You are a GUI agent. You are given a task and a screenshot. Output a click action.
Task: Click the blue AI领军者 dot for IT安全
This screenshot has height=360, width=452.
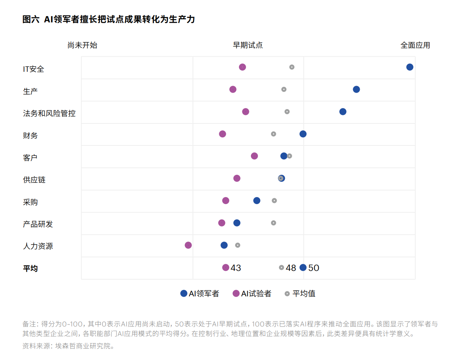pos(410,67)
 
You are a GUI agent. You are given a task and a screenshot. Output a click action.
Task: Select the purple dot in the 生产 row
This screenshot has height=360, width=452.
pos(233,90)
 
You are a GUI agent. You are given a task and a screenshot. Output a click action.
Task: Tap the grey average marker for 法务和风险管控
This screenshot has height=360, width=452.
pos(287,112)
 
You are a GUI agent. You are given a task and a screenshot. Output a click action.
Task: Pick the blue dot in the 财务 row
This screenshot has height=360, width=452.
pos(303,134)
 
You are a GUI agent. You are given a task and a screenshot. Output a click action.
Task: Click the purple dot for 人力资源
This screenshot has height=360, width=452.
pos(188,245)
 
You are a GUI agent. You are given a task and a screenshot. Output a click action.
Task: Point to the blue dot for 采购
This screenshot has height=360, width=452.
pos(257,201)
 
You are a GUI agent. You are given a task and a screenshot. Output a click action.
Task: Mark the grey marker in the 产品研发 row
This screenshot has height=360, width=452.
pos(273,223)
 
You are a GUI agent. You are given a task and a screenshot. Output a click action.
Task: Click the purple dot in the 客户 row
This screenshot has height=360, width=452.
pos(254,156)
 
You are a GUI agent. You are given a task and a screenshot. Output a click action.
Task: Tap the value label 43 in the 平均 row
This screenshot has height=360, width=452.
pos(236,268)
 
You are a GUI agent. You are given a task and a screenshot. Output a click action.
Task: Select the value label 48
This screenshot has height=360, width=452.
pos(291,268)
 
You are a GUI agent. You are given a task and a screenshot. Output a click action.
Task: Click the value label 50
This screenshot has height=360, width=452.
pos(314,268)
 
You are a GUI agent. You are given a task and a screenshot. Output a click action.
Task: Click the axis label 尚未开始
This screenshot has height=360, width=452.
pos(82,45)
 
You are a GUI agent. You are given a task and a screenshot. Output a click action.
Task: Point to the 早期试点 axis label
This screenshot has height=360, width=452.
pos(247,45)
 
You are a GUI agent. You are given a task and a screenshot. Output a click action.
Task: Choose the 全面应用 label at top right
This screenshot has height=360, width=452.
pos(415,45)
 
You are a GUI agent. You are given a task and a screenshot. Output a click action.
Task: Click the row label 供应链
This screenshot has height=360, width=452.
pos(34,180)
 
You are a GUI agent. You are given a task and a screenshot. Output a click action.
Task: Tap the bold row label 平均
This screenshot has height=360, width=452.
pos(30,269)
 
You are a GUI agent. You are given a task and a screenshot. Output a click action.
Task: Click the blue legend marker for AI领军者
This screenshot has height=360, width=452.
pos(184,294)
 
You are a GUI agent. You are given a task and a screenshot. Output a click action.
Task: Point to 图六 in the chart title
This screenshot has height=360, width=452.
pos(30,19)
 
